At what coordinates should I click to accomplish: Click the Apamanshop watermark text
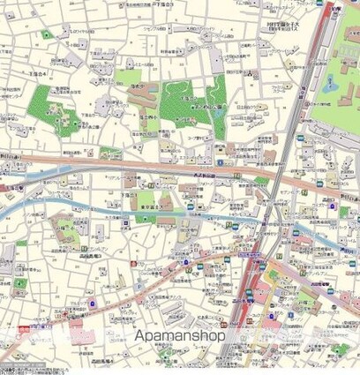click(x=179, y=335)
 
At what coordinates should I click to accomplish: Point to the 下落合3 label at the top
click(x=179, y=4)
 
